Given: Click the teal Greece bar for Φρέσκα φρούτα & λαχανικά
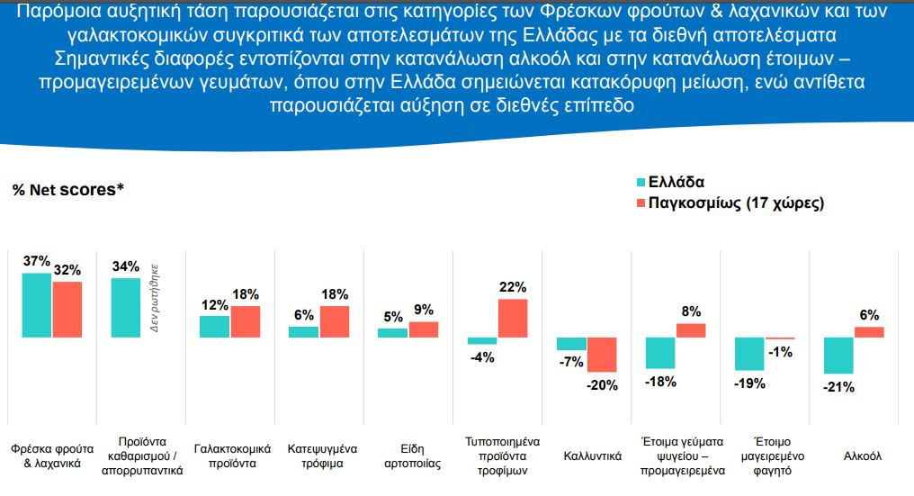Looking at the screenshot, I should point(37,305).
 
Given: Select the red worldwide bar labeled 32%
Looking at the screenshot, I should point(67,310).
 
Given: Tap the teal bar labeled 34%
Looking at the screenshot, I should point(125,308).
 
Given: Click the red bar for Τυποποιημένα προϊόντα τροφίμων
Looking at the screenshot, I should point(513,319).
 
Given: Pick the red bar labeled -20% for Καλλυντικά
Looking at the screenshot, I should point(602,355).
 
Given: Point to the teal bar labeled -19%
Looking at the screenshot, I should point(749,354).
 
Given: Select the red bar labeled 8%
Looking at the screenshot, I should point(691,330).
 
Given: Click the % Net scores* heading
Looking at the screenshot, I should point(67,190).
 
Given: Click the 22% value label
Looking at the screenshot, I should point(513,287).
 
